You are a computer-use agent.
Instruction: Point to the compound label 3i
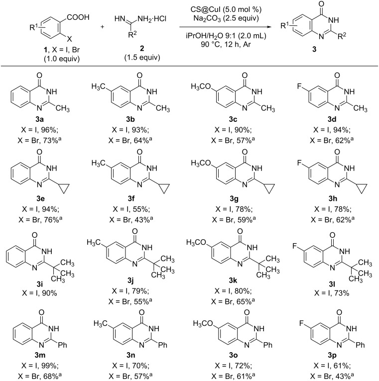tap(44, 279)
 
